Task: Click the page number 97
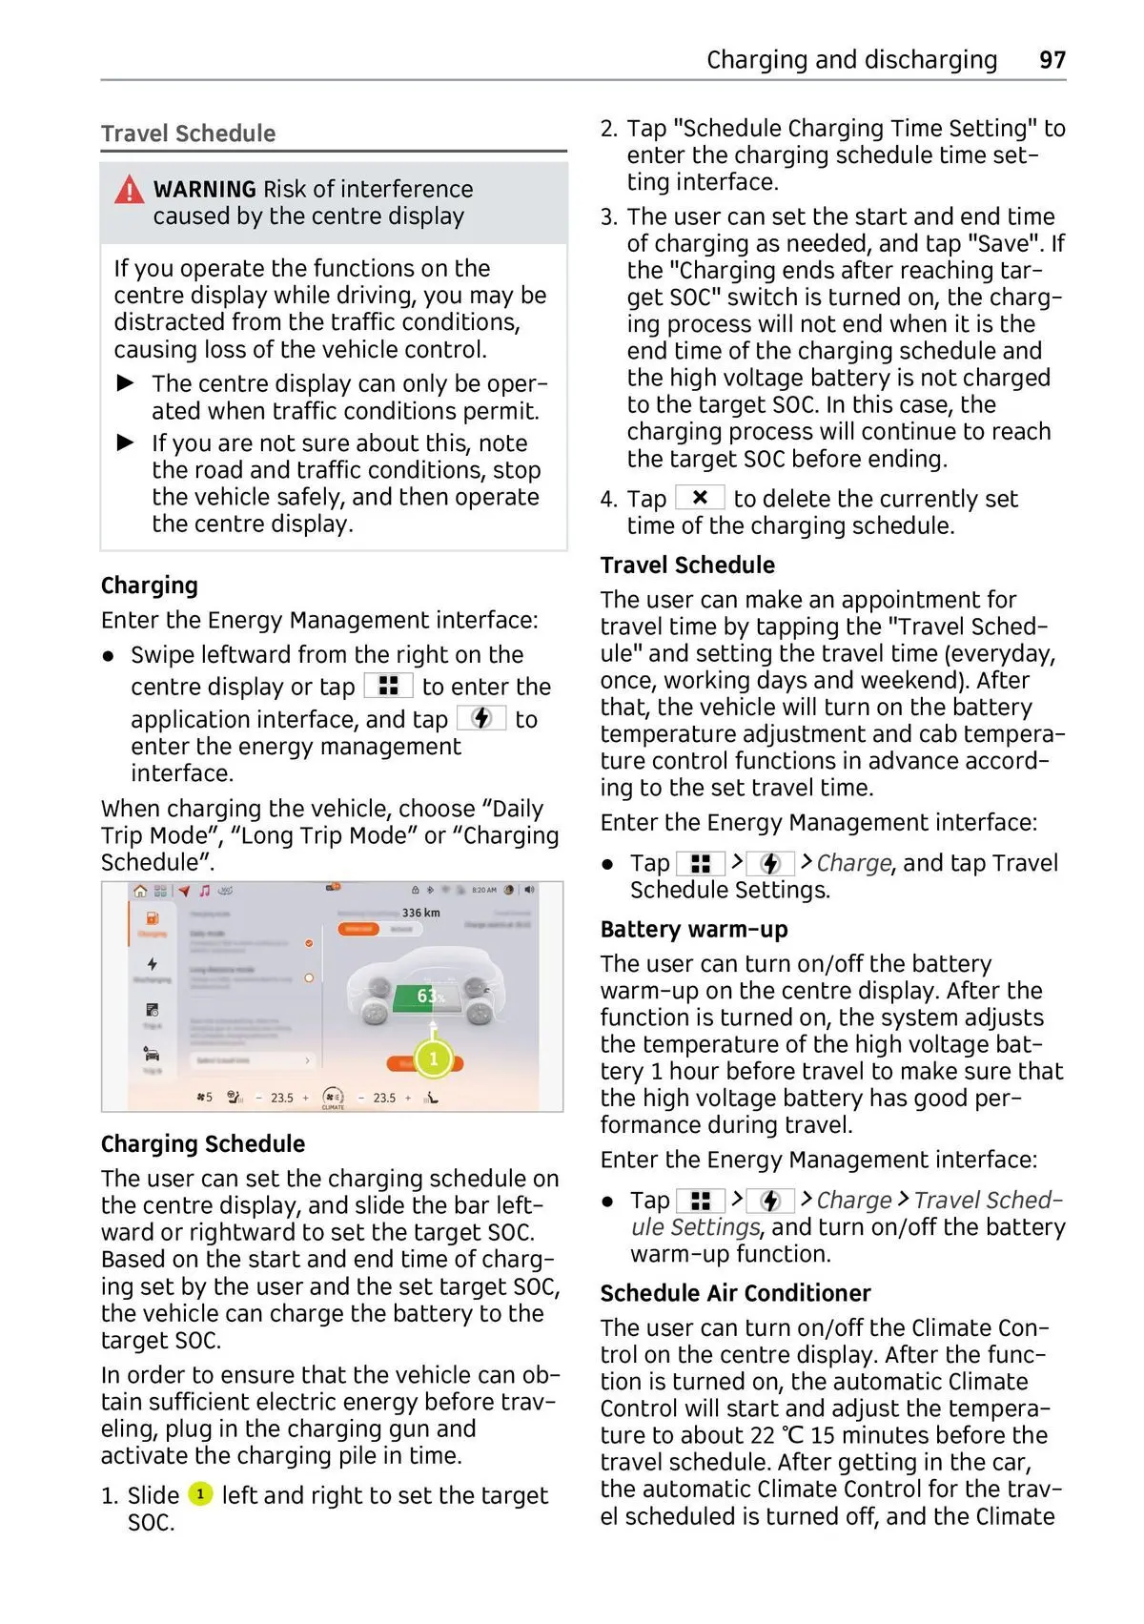pos(1052,60)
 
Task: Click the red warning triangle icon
pos(129,190)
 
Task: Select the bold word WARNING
pos(204,189)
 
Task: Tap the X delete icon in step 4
pos(700,498)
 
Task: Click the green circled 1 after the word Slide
pos(200,1493)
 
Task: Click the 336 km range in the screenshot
pos(420,913)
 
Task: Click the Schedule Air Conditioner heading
pos(735,1293)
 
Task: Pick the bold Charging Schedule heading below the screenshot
pos(203,1143)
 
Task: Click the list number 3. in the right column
pos(608,216)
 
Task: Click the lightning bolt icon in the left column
pos(482,718)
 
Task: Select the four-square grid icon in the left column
pos(388,686)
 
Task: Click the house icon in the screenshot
pos(140,891)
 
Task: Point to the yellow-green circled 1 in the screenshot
pos(434,1059)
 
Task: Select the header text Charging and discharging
pos(851,60)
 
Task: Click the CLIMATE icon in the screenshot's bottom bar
pos(333,1099)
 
